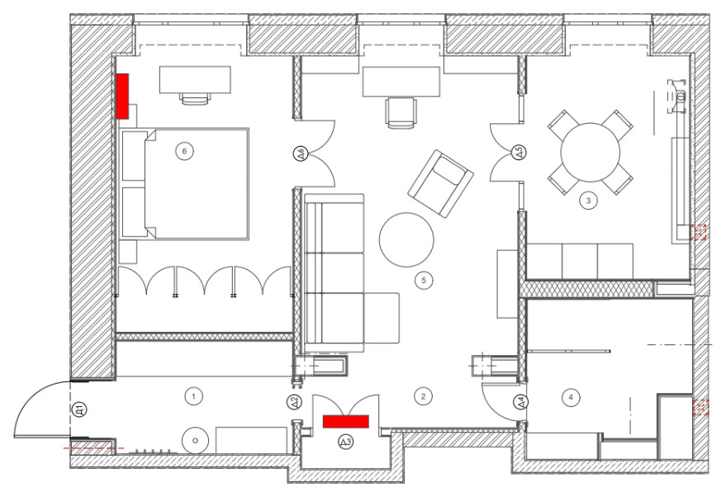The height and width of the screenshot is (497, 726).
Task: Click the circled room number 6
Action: click(x=184, y=151)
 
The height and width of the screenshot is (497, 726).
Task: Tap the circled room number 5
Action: click(x=424, y=281)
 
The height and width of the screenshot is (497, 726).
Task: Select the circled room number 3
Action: click(x=589, y=201)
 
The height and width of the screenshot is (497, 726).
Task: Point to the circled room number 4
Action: click(x=571, y=397)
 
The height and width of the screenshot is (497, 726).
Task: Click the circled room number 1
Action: click(x=193, y=396)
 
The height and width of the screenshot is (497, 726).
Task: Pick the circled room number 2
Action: click(x=423, y=396)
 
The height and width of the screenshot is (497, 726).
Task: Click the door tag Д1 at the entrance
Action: click(x=79, y=410)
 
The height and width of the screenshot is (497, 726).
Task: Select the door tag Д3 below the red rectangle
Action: click(x=346, y=443)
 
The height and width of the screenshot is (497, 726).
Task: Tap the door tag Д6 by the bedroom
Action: click(x=300, y=154)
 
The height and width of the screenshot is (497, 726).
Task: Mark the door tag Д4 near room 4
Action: click(x=522, y=402)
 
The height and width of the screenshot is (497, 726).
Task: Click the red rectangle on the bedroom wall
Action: click(x=122, y=97)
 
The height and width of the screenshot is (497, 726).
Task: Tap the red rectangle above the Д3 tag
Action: click(x=346, y=422)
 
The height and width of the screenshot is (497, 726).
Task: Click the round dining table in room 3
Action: click(x=591, y=152)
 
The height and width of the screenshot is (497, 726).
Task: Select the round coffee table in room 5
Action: click(x=406, y=239)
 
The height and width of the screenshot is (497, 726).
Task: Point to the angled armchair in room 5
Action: click(x=440, y=183)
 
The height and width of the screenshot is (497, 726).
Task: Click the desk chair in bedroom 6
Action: click(x=195, y=98)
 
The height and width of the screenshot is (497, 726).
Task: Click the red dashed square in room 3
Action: click(x=698, y=232)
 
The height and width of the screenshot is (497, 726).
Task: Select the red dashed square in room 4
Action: click(x=701, y=407)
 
